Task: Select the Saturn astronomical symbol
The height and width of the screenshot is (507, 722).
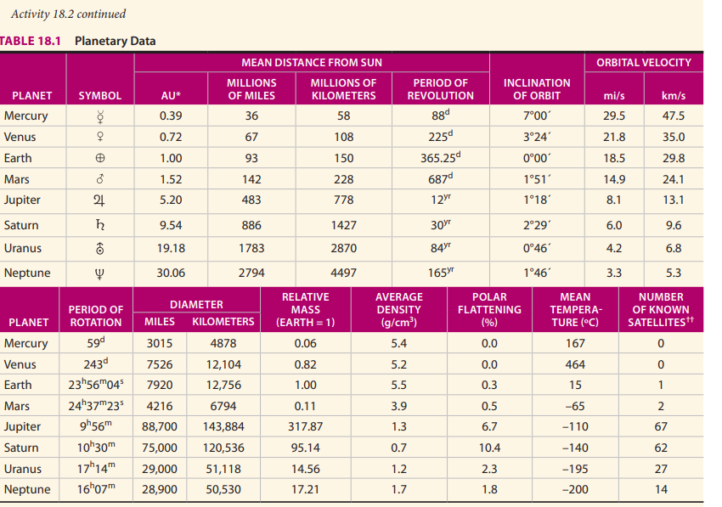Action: pyautogui.click(x=100, y=226)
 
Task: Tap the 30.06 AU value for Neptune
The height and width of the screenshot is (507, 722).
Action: pyautogui.click(x=171, y=273)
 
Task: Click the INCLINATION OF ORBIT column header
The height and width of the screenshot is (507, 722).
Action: pyautogui.click(x=537, y=89)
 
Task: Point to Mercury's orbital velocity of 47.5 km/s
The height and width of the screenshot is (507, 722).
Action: pyautogui.click(x=673, y=116)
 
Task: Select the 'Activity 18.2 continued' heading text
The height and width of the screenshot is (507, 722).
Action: pyautogui.click(x=69, y=14)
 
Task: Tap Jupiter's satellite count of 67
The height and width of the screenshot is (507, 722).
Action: pyautogui.click(x=661, y=426)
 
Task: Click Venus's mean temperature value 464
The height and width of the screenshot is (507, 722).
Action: pyautogui.click(x=575, y=364)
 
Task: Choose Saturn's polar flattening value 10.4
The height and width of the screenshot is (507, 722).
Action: pyautogui.click(x=489, y=448)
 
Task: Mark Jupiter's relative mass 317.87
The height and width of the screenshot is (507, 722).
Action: pyautogui.click(x=305, y=426)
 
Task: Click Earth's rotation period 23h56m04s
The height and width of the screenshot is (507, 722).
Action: pyautogui.click(x=95, y=385)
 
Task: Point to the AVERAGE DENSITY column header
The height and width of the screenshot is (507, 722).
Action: pyautogui.click(x=398, y=310)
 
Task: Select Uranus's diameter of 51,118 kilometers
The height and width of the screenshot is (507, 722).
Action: pyautogui.click(x=223, y=469)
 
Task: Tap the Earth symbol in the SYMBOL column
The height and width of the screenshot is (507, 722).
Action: pyautogui.click(x=100, y=159)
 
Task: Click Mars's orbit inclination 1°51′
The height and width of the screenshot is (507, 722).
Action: pyautogui.click(x=537, y=179)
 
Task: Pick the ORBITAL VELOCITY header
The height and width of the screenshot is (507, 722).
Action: pyautogui.click(x=643, y=63)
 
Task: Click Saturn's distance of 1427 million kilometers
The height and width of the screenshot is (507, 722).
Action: pyautogui.click(x=343, y=226)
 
